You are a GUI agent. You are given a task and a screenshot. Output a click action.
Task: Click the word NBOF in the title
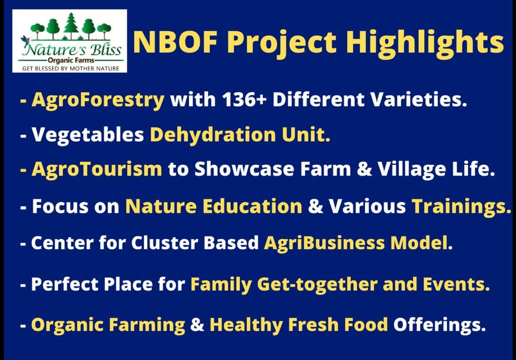(x=176, y=42)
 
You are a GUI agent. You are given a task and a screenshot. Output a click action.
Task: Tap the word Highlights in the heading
(x=425, y=44)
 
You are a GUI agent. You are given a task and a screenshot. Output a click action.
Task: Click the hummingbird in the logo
(x=25, y=40)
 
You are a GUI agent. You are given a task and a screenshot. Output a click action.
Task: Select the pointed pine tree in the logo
(x=71, y=26)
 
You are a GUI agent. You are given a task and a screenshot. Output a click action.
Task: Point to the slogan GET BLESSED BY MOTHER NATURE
(x=71, y=69)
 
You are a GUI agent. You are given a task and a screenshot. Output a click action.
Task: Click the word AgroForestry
(x=98, y=100)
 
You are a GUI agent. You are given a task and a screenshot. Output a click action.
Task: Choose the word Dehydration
(x=213, y=135)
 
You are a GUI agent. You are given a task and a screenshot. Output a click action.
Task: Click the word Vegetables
(x=88, y=135)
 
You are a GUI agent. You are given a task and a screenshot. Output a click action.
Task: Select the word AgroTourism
(x=97, y=169)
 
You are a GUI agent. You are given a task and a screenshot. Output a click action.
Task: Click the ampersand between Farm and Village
(x=364, y=169)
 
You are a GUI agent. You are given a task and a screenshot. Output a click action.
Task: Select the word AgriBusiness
(x=324, y=244)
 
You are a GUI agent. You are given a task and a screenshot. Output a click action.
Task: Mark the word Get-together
(x=317, y=285)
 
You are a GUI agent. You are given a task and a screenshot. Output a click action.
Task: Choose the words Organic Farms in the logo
(x=71, y=61)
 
